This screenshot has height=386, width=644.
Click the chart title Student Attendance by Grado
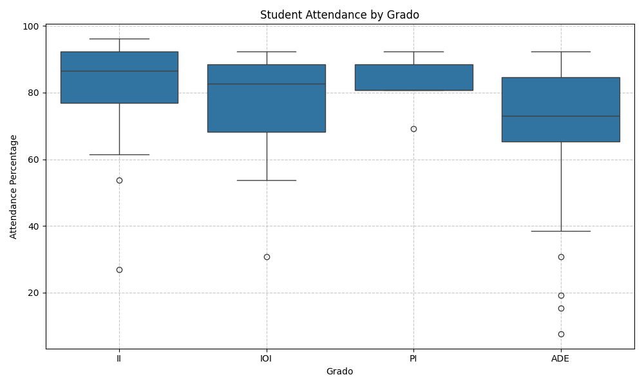(339, 15)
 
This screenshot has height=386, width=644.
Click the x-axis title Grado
(339, 371)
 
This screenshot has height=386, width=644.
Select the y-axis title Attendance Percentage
(14, 187)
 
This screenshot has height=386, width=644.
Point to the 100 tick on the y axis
(32, 26)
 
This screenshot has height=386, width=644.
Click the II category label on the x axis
(119, 358)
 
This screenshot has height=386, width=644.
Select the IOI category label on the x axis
(267, 358)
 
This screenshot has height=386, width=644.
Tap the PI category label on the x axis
(413, 358)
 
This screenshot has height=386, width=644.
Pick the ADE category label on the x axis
(561, 358)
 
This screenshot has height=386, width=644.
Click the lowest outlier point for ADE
(561, 334)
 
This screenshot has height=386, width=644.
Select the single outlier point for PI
(413, 129)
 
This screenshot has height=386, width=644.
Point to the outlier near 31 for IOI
(267, 257)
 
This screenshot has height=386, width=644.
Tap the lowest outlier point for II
(119, 270)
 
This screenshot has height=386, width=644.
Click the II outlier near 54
(119, 180)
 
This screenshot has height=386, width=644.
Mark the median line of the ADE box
(561, 116)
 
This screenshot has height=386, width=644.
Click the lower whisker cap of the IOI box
(267, 180)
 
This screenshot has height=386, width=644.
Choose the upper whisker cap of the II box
(119, 39)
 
